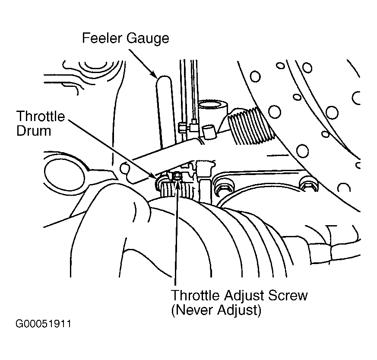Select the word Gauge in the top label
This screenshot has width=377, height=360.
[148, 39]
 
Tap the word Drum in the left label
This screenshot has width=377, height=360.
[34, 131]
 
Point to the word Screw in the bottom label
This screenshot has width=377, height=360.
[288, 295]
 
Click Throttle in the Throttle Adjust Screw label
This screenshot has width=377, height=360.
[195, 295]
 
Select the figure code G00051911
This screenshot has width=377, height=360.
[43, 324]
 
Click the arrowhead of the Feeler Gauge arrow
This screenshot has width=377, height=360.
[154, 75]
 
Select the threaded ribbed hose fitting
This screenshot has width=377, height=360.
[250, 126]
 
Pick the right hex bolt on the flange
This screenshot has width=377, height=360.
[308, 185]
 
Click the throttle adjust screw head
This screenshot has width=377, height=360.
[177, 176]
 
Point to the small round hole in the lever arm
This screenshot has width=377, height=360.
[124, 168]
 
